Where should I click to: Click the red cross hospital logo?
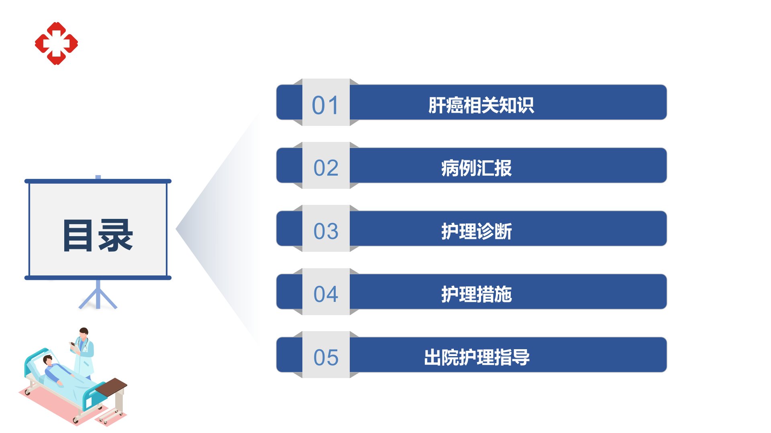point(56,43)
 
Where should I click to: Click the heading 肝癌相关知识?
point(481,105)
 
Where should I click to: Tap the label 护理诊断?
point(476,231)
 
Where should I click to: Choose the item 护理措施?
point(476,294)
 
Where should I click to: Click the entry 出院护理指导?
point(477,357)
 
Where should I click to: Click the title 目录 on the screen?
point(98,235)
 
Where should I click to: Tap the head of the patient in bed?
point(48,360)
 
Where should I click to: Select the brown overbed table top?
point(111,387)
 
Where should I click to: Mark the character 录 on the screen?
point(116,235)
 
